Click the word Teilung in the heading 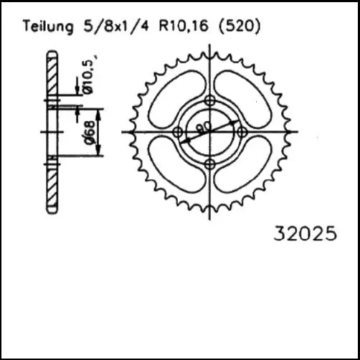[x=48, y=27]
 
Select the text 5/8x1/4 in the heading [x=116, y=26]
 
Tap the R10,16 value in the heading [x=184, y=26]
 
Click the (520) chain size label [x=240, y=26]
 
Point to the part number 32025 [x=305, y=234]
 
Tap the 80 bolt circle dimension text [x=204, y=128]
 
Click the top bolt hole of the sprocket [x=210, y=100]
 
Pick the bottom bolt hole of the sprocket [x=210, y=164]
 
